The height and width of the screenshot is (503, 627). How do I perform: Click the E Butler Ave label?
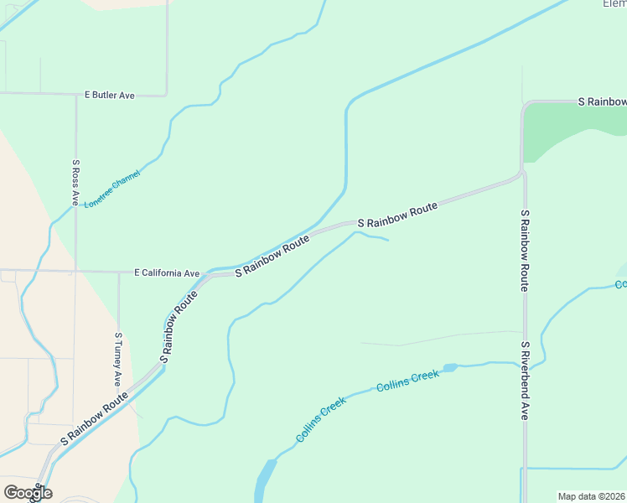pos(109,96)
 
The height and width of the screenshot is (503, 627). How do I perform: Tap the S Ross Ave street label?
pos(75,183)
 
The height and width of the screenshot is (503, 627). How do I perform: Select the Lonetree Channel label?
pos(112,189)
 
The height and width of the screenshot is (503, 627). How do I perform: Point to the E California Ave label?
pos(167,273)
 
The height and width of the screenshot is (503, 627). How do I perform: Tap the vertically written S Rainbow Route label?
pos(525,250)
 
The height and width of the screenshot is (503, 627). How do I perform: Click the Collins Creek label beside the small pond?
pos(407,381)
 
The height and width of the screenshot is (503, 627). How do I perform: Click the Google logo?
pos(28,493)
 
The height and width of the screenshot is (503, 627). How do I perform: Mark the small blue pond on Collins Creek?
pos(450,367)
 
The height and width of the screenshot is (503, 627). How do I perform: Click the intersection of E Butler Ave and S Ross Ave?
pos(76,94)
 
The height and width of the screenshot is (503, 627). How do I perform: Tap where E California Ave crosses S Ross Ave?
pos(76,272)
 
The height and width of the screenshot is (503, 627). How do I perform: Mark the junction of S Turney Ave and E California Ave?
pos(118,272)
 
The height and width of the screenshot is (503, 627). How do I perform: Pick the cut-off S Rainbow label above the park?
pos(603,101)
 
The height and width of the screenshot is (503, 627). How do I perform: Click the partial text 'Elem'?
pos(614,4)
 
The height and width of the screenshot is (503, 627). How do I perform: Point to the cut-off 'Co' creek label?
pos(620,285)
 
